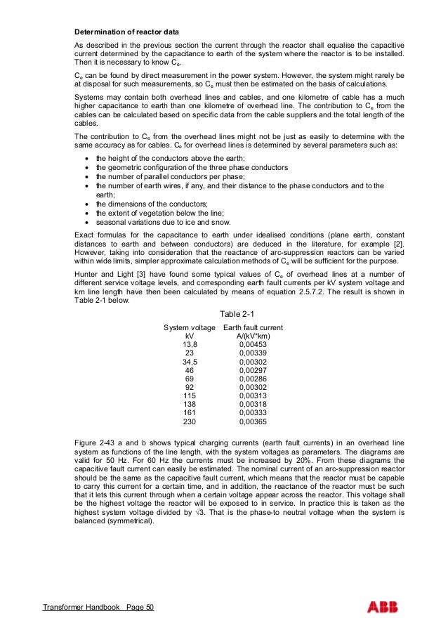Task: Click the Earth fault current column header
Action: pyautogui.click(x=253, y=328)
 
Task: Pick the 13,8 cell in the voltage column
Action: pyautogui.click(x=190, y=346)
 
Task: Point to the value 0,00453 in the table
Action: pyautogui.click(x=253, y=346)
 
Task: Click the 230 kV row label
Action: pyautogui.click(x=190, y=422)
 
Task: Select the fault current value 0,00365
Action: pyautogui.click(x=253, y=422)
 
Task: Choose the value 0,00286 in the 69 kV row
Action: pyautogui.click(x=253, y=379)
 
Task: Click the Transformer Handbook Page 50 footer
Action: pyautogui.click(x=98, y=608)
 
